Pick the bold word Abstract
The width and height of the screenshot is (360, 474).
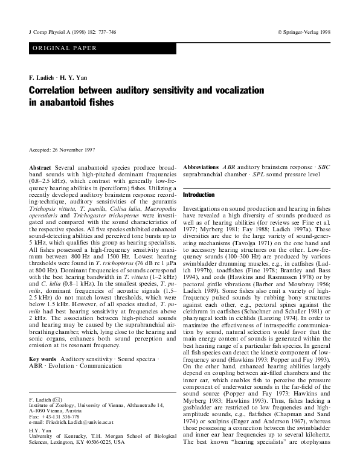[40, 165]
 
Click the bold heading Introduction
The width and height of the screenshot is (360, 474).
[199, 195]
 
